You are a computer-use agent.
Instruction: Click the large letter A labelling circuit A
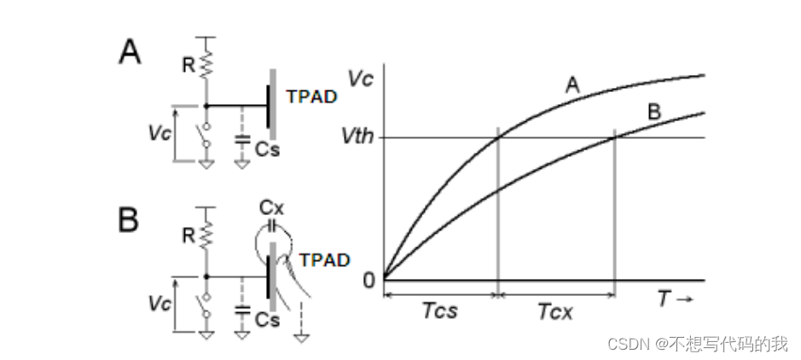coord(130,53)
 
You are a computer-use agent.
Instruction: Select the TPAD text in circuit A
coord(311,96)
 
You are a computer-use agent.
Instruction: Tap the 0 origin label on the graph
coord(369,279)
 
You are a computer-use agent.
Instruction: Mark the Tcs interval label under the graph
coord(439,311)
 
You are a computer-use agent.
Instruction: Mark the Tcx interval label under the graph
coord(555,311)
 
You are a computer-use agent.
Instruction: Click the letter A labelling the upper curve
coord(573,84)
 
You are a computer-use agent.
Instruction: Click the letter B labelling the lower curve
coord(655,112)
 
